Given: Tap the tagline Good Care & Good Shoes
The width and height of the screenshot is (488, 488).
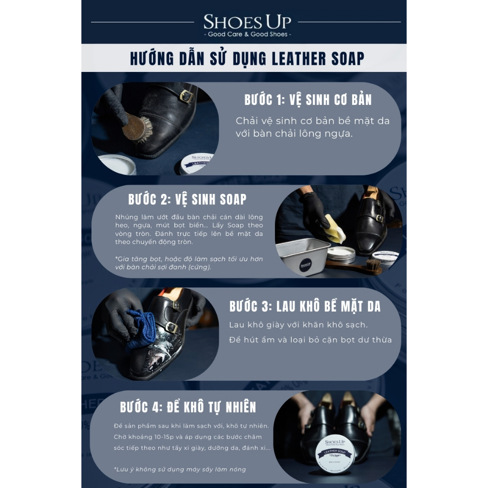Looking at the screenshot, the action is pyautogui.click(x=247, y=34).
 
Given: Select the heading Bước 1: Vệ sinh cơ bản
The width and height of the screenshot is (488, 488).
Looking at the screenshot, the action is pyautogui.click(x=308, y=100).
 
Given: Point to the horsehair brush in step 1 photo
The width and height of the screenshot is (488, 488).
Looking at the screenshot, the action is pyautogui.click(x=137, y=128).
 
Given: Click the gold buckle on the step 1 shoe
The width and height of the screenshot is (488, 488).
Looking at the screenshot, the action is pyautogui.click(x=186, y=96).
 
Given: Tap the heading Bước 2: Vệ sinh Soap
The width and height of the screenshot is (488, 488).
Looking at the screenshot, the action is pyautogui.click(x=187, y=200).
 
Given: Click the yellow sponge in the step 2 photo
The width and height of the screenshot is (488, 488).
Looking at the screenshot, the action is pyautogui.click(x=334, y=228).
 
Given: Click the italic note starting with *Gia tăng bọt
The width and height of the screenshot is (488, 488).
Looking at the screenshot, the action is pyautogui.click(x=189, y=263).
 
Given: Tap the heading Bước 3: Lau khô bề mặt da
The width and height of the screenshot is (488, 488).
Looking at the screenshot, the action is pyautogui.click(x=305, y=306).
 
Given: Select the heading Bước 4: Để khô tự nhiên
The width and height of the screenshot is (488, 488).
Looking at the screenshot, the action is pyautogui.click(x=188, y=407).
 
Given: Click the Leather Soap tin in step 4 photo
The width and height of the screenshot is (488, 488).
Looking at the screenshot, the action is pyautogui.click(x=335, y=453).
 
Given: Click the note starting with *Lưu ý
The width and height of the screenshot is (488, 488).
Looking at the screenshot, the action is pyautogui.click(x=180, y=469).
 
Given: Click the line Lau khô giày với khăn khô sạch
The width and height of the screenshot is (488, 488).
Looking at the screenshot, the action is pyautogui.click(x=298, y=325).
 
